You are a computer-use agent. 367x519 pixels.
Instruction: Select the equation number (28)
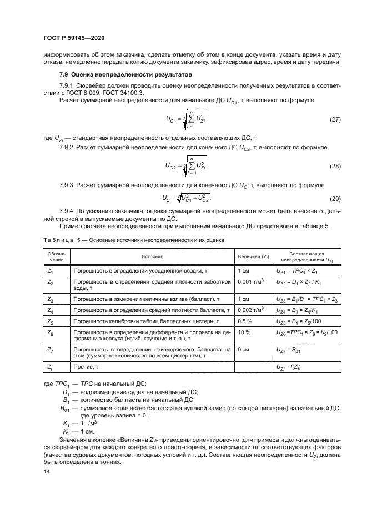coord(334,166)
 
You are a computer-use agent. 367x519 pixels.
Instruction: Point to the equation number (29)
coord(334,198)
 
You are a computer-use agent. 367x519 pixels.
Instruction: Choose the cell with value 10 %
coord(244,332)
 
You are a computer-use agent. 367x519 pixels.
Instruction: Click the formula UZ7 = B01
coord(289,351)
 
